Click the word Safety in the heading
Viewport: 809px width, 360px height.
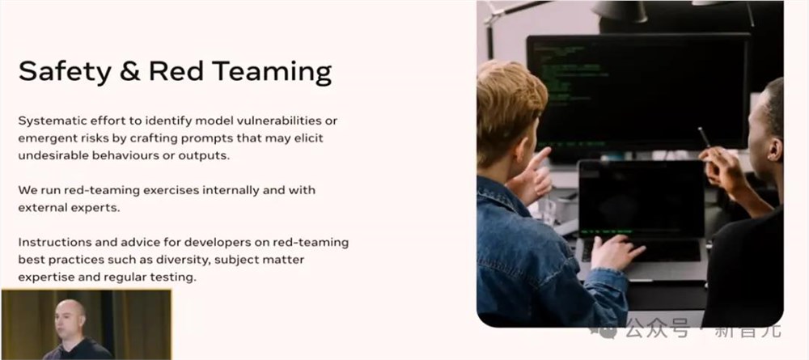pyautogui.click(x=65, y=73)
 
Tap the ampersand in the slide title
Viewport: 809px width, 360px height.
pyautogui.click(x=129, y=71)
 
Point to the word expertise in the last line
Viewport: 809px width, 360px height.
pyautogui.click(x=44, y=277)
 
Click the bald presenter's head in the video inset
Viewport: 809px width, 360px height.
pyautogui.click(x=70, y=316)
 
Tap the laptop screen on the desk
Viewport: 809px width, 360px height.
pyautogui.click(x=641, y=199)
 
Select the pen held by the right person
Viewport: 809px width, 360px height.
pyautogui.click(x=705, y=138)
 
